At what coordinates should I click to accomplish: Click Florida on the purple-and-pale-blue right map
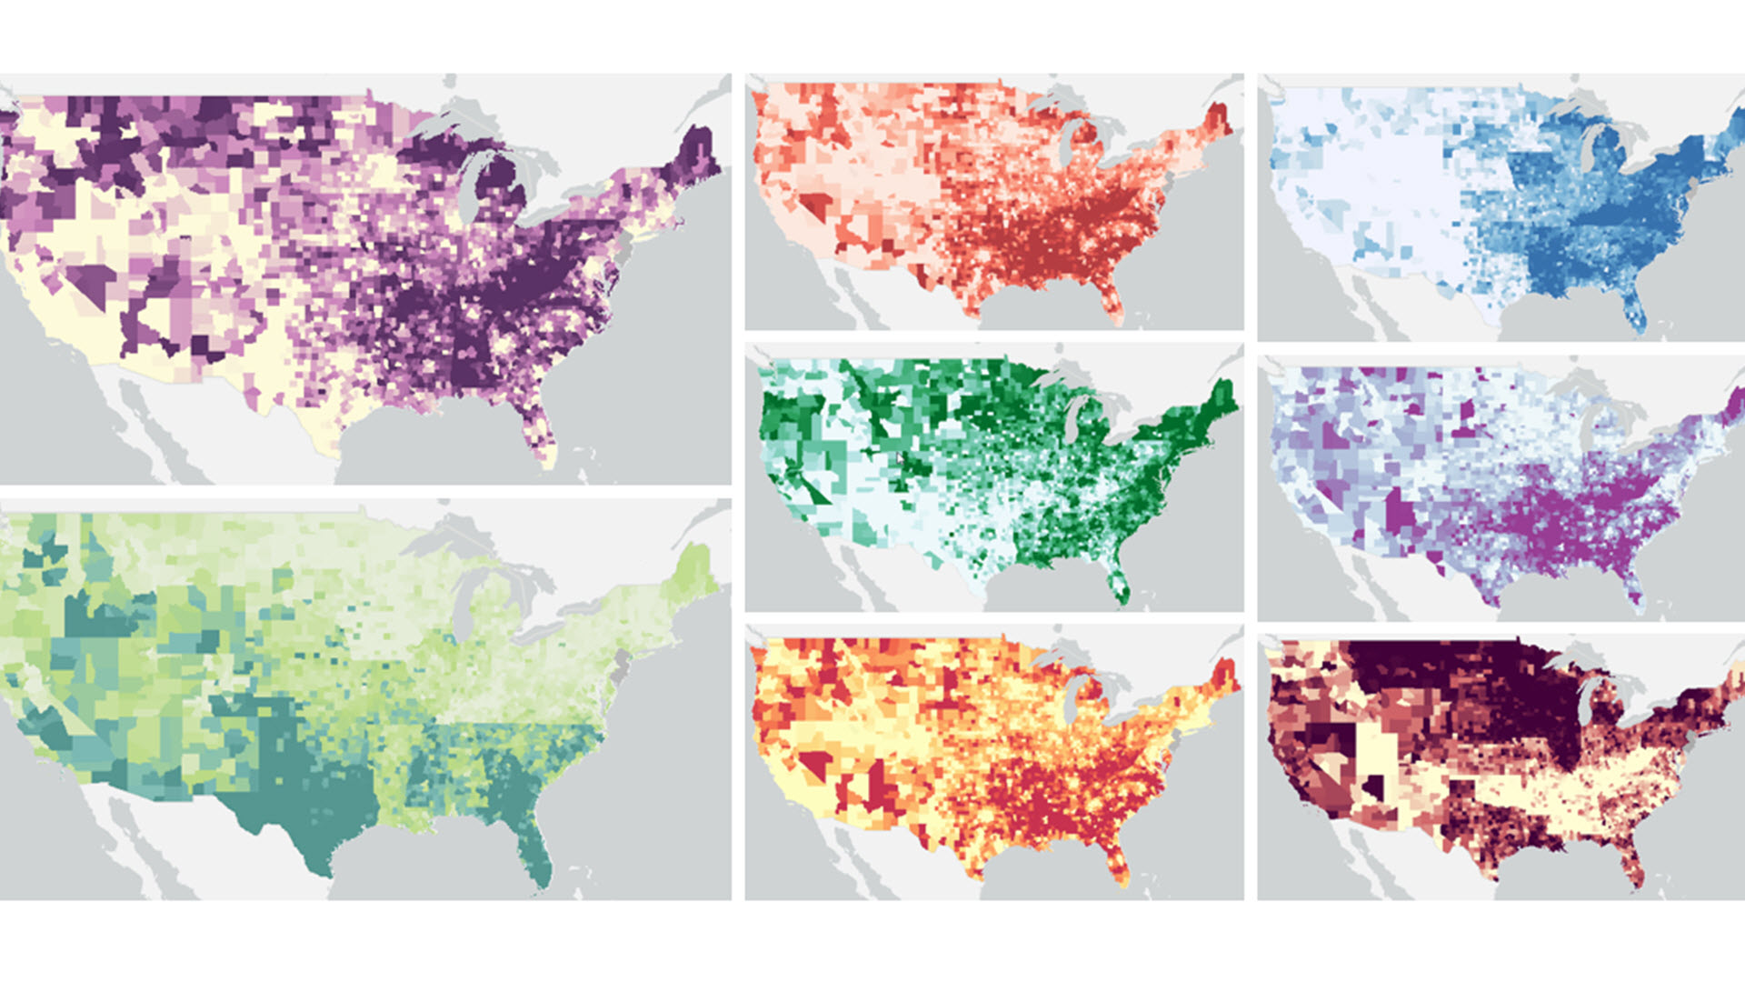coord(1631,586)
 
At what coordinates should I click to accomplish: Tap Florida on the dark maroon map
coord(1631,864)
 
